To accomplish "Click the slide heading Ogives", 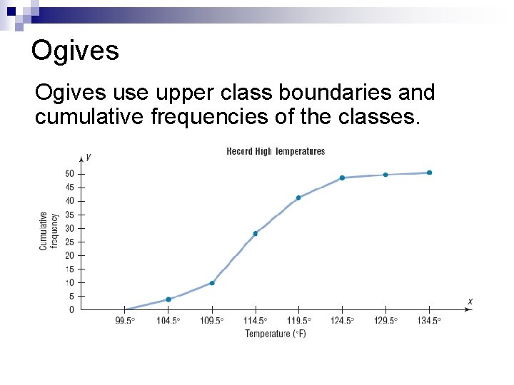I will tap(75, 51).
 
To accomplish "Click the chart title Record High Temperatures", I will tap(276, 151).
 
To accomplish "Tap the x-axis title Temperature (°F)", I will tap(276, 334).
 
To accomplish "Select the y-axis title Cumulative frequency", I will tap(49, 230).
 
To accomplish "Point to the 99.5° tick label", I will tap(125, 321).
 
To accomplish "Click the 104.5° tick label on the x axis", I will tap(168, 321).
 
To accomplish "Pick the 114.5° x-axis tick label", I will tap(256, 321).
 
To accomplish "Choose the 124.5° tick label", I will tap(342, 321).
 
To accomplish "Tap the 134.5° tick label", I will tap(429, 321).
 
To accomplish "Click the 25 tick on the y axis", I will tap(70, 242).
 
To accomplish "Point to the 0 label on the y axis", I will tap(71, 310).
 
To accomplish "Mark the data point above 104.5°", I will tap(168, 299).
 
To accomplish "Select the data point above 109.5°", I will tap(212, 283).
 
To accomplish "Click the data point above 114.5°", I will tap(256, 233).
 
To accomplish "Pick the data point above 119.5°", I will tap(298, 197).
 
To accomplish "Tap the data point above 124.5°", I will tap(342, 178).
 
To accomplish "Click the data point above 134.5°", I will tap(429, 173).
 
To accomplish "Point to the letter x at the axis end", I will tap(470, 302).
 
